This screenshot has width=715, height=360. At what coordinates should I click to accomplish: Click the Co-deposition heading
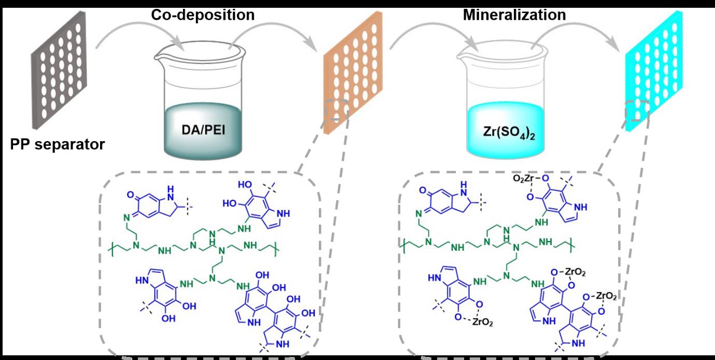click(203, 15)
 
